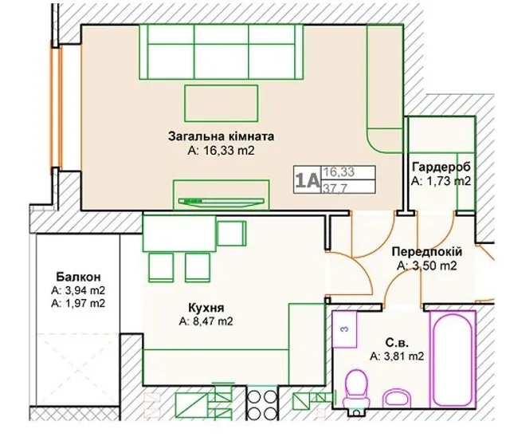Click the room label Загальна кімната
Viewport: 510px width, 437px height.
221,136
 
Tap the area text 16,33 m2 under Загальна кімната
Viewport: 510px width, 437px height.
221,151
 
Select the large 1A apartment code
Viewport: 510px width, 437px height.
307,180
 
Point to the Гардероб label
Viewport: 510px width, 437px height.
441,167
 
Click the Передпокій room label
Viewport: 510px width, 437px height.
427,251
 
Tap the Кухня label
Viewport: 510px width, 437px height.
206,308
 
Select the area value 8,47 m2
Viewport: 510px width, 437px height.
206,321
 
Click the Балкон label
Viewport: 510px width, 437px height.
78,277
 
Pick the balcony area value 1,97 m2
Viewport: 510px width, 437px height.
78,303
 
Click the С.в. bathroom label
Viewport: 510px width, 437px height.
397,343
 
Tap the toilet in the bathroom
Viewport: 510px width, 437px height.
356,389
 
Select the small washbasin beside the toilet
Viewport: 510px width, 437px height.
397,398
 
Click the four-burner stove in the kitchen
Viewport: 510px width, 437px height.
261,404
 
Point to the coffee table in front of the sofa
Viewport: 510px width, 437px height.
222,103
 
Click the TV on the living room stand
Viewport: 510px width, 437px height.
222,202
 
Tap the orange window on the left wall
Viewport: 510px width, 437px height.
56,108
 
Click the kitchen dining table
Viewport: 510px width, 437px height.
179,234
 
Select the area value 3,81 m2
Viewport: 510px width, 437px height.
397,356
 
